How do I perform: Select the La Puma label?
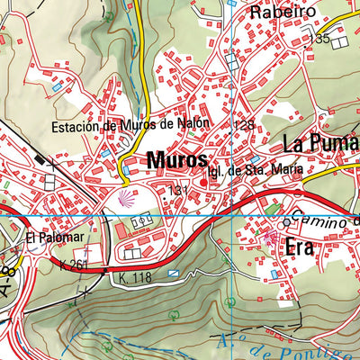(321, 144)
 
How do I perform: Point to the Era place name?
(299, 248)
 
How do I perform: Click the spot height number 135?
(319, 40)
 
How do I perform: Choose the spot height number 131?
(178, 190)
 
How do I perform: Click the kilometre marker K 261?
(76, 264)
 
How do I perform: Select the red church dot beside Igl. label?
(203, 184)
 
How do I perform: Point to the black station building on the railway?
(40, 159)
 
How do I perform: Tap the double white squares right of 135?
(338, 41)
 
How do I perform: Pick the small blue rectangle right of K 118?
(174, 271)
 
